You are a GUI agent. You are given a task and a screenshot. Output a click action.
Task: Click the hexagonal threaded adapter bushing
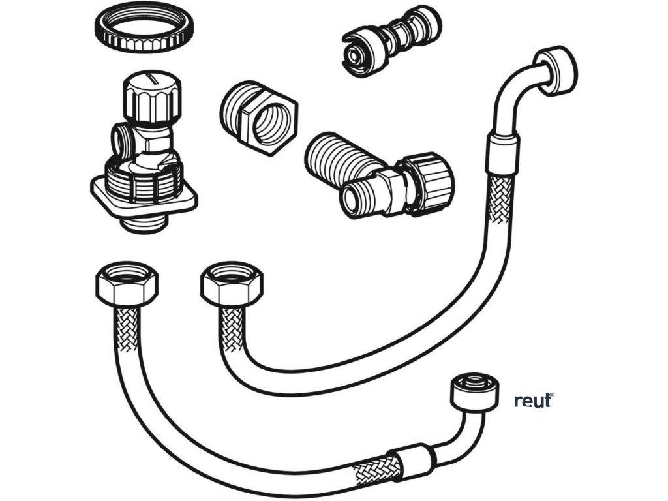click(258, 117)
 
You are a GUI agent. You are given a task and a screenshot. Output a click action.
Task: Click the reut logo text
click(534, 401)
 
